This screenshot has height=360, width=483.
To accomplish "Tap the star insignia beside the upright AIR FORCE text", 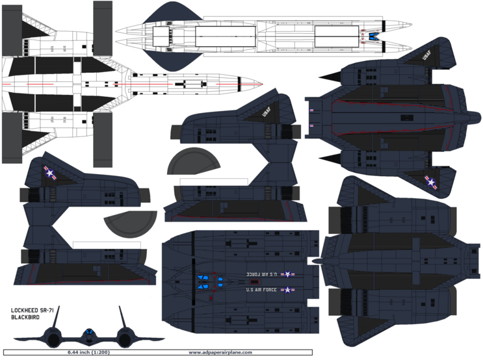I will (285, 290).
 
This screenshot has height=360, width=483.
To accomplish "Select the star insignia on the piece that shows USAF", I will (430, 183).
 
